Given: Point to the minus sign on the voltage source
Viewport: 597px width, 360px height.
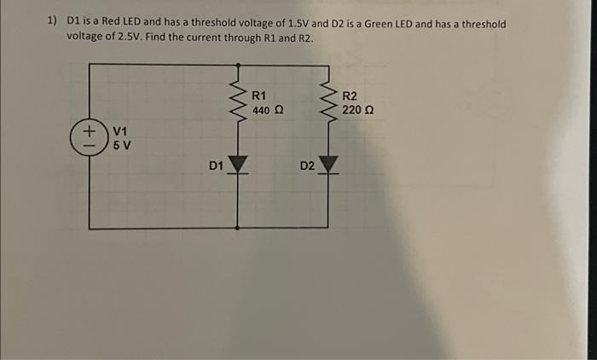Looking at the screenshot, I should pos(89,145).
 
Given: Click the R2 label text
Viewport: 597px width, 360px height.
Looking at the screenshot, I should pos(351,96).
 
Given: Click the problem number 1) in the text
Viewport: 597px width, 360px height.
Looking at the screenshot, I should pos(52,24).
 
